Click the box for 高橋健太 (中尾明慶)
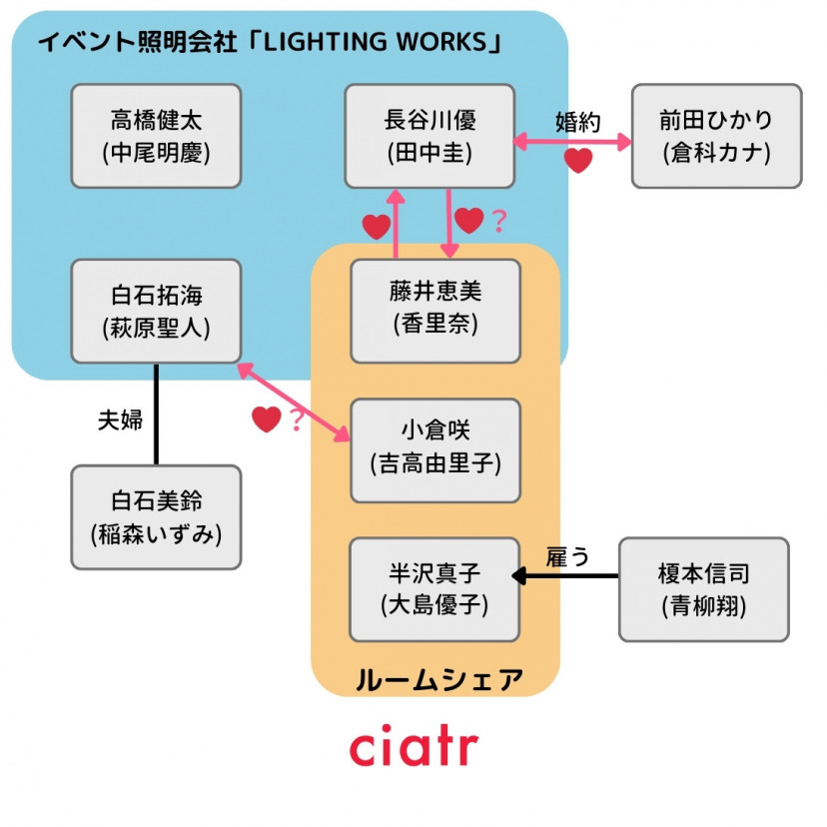tap(156, 136)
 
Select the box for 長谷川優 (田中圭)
tap(429, 136)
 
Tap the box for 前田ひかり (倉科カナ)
tap(716, 136)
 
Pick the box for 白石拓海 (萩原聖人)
tap(156, 311)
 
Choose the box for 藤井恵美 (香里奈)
tap(434, 311)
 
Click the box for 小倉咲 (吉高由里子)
tap(434, 449)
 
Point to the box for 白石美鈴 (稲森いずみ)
tap(156, 516)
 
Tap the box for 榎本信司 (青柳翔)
tap(703, 588)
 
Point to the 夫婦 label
tap(119, 419)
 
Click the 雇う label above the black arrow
tap(567, 557)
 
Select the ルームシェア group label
tap(438, 680)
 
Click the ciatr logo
tap(413, 747)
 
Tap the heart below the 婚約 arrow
tap(578, 160)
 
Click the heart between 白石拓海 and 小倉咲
tap(266, 419)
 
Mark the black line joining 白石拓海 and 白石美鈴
tap(157, 413)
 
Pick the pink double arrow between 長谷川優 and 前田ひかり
tap(572, 142)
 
